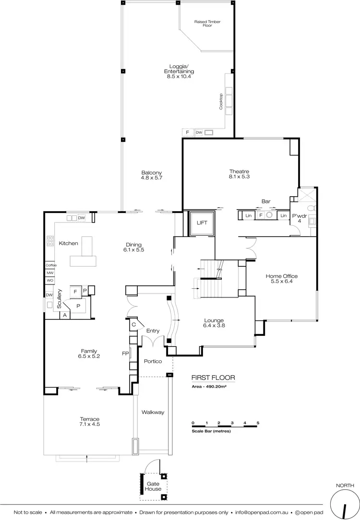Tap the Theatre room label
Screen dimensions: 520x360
click(239, 174)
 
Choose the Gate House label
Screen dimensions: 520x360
click(153, 486)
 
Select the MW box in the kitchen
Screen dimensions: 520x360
click(50, 272)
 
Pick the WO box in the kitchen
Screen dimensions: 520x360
click(50, 280)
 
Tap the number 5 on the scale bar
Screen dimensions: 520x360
click(258, 423)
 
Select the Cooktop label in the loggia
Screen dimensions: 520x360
click(221, 101)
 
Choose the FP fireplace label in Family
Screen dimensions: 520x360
click(125, 354)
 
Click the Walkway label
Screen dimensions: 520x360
click(153, 412)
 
